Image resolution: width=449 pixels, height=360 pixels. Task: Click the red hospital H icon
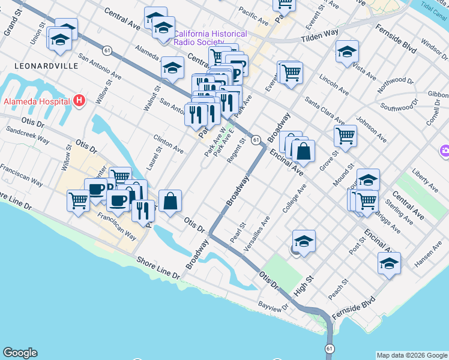click(78, 101)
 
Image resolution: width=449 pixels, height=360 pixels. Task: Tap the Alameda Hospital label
click(37, 101)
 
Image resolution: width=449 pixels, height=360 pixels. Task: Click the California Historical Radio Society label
click(209, 38)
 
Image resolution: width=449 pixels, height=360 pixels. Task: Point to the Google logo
click(20, 353)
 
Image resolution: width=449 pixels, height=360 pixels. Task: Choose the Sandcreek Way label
click(27, 133)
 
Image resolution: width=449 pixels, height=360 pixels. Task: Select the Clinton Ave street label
click(169, 142)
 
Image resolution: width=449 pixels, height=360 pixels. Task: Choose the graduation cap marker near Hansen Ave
click(389, 263)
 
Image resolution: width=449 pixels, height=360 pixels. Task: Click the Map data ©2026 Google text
click(412, 355)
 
